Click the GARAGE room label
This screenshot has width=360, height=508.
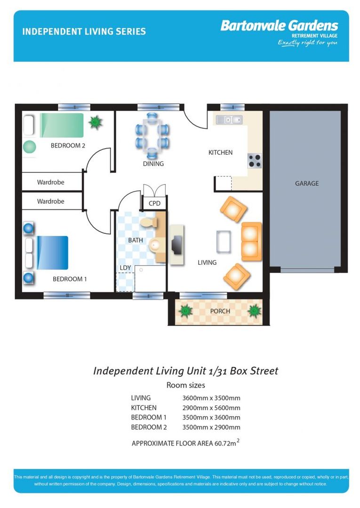306,183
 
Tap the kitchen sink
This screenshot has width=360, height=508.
229,120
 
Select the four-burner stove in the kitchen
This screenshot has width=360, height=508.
255,161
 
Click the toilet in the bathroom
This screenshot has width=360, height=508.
149,222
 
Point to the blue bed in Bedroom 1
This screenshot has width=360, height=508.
53,253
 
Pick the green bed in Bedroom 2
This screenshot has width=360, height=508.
62,125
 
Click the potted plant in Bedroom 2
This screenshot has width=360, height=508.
95,122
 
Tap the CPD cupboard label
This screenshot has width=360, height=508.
154,204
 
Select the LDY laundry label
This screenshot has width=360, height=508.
125,268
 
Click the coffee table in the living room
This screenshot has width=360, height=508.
224,241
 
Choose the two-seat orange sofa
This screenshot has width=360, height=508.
251,242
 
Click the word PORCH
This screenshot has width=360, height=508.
220,311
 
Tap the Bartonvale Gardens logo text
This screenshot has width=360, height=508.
280,25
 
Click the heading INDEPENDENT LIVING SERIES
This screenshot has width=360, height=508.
84,32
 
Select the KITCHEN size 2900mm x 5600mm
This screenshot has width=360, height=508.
211,408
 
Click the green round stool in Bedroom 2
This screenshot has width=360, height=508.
30,147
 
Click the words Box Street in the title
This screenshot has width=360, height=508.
254,371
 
